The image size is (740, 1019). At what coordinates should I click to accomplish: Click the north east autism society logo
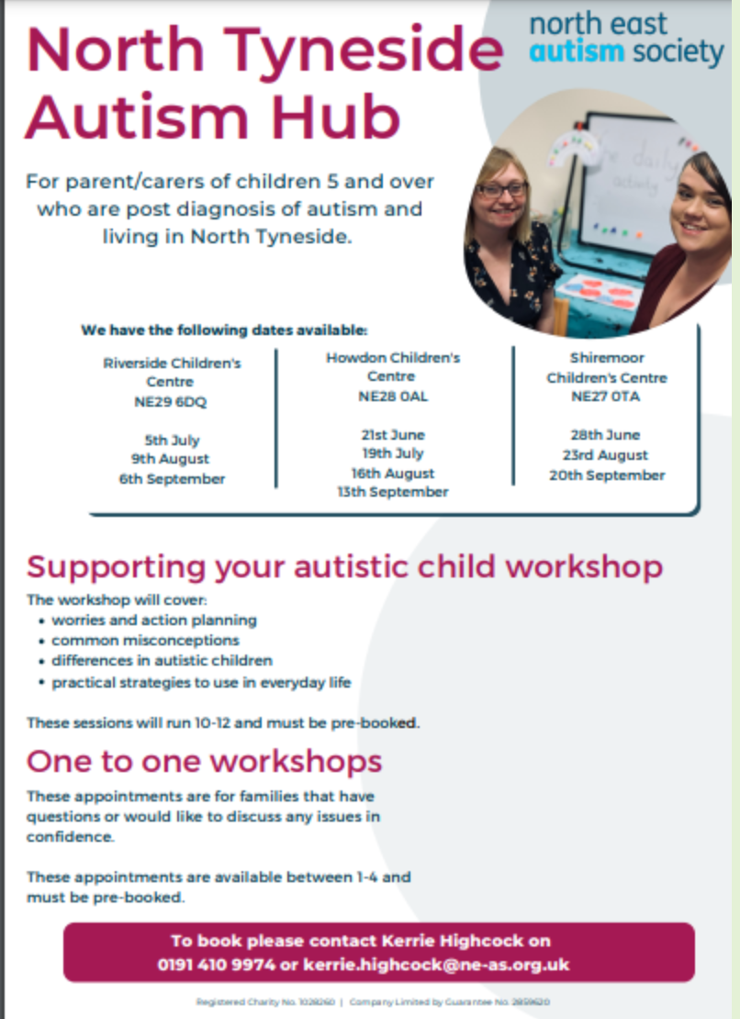tap(627, 38)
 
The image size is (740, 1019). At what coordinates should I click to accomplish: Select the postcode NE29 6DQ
tap(172, 401)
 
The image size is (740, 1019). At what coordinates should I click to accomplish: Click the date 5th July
tap(172, 440)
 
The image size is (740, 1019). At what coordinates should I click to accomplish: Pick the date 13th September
tap(392, 492)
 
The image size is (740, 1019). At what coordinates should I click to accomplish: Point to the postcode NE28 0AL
tap(392, 397)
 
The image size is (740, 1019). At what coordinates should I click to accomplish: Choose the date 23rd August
tap(606, 455)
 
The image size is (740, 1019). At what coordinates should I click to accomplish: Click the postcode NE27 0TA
tap(606, 397)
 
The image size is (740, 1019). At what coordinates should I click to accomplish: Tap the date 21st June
tap(392, 435)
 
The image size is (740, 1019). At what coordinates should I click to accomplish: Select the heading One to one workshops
tap(204, 761)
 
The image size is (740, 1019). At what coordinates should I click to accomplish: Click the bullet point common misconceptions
tap(145, 640)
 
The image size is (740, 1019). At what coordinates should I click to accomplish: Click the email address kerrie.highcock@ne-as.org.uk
tap(436, 965)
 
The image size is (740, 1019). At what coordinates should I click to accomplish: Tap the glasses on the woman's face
tap(503, 189)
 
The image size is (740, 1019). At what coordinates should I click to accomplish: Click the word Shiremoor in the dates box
tap(606, 357)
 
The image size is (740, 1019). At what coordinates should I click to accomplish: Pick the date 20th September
tap(606, 476)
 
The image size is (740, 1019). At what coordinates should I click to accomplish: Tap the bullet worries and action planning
tap(153, 620)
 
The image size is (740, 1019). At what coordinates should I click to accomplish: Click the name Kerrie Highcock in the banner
tap(459, 941)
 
